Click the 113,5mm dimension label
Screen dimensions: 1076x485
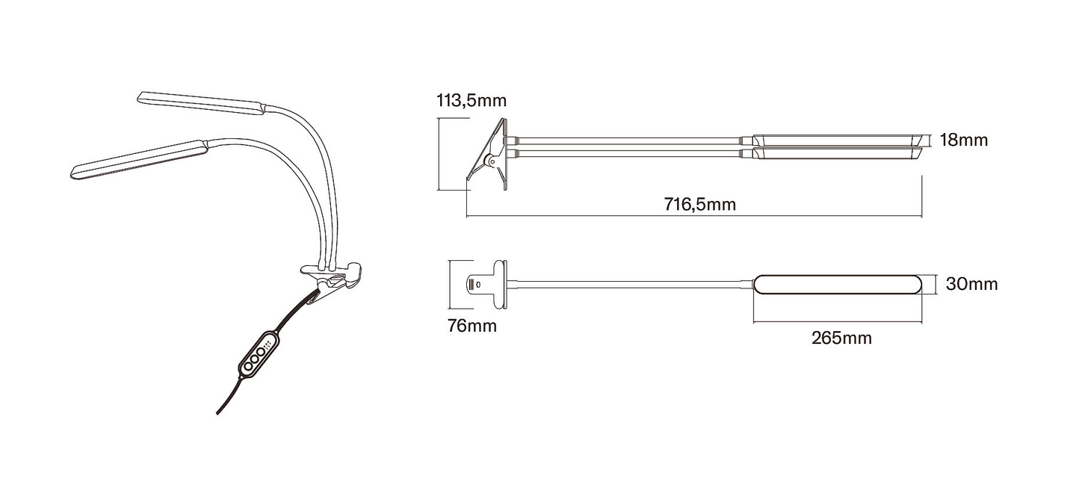click(x=471, y=101)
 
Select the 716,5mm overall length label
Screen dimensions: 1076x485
click(x=700, y=205)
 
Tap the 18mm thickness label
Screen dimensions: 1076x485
click(x=964, y=140)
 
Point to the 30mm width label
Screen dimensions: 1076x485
click(x=971, y=284)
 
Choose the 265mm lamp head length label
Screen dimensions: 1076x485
click(x=841, y=338)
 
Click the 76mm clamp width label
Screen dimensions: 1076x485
click(x=471, y=326)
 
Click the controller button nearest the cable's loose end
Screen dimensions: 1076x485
click(x=248, y=366)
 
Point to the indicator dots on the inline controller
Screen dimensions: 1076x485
click(x=267, y=344)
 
